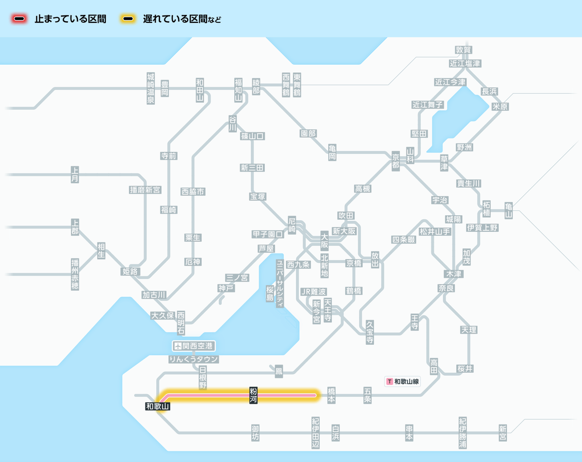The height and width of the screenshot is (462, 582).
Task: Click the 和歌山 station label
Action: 158,406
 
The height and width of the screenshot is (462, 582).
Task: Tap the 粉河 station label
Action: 253,396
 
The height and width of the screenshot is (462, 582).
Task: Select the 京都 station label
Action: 396,160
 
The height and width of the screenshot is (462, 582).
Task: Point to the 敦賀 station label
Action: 463,50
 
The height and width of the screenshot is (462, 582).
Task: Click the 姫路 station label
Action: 130,271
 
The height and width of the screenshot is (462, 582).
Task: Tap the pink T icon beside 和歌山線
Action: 389,382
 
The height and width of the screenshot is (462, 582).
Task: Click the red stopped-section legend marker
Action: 19,19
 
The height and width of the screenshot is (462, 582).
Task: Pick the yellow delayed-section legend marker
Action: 128,19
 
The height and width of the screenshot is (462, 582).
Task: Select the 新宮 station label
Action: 502,433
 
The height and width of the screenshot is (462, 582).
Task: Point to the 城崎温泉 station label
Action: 151,88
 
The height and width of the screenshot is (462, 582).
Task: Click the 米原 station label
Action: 500,107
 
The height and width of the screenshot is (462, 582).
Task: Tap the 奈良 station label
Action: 446,288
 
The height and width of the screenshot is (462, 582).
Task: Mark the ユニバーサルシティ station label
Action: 280,284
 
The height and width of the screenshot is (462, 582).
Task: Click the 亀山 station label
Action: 509,210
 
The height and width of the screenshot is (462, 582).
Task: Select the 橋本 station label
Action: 332,396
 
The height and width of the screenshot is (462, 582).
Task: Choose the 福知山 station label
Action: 238,90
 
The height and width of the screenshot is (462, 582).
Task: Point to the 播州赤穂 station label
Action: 75,274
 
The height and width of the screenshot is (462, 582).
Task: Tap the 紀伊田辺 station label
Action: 316,433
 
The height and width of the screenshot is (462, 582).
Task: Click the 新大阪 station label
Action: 344,231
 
